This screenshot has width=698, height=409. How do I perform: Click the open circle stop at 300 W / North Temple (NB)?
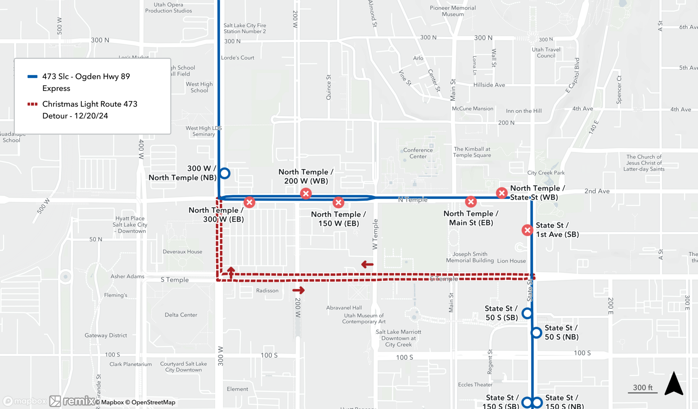(x=225, y=173)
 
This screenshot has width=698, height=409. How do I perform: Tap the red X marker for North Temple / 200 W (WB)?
(x=306, y=193)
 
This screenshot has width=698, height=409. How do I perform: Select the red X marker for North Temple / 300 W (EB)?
(x=249, y=202)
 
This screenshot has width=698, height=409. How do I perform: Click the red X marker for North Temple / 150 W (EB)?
(x=338, y=202)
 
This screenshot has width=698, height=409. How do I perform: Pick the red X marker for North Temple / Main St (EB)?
(x=471, y=201)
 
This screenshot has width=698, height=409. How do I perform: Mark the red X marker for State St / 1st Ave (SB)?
(x=527, y=230)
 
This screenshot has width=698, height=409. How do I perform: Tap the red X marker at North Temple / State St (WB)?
(x=502, y=193)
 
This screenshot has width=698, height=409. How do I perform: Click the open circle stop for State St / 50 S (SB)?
(x=527, y=313)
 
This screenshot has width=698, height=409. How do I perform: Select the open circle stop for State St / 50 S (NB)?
(x=536, y=333)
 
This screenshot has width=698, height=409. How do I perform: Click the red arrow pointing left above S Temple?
(x=367, y=265)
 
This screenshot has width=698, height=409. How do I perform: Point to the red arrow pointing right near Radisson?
(x=298, y=290)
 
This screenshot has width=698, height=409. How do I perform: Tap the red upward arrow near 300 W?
(x=231, y=272)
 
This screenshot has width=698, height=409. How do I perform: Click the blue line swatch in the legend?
(x=32, y=77)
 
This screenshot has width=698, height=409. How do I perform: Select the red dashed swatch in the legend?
(x=32, y=104)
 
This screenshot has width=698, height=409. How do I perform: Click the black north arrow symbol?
(x=674, y=384)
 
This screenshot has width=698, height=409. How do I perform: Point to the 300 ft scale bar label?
(x=643, y=387)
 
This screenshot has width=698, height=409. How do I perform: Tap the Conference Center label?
(x=418, y=153)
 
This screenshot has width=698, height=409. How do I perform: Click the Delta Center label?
(x=181, y=315)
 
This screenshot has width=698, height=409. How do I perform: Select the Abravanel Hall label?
(x=344, y=307)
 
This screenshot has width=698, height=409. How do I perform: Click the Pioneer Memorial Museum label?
(x=453, y=11)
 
